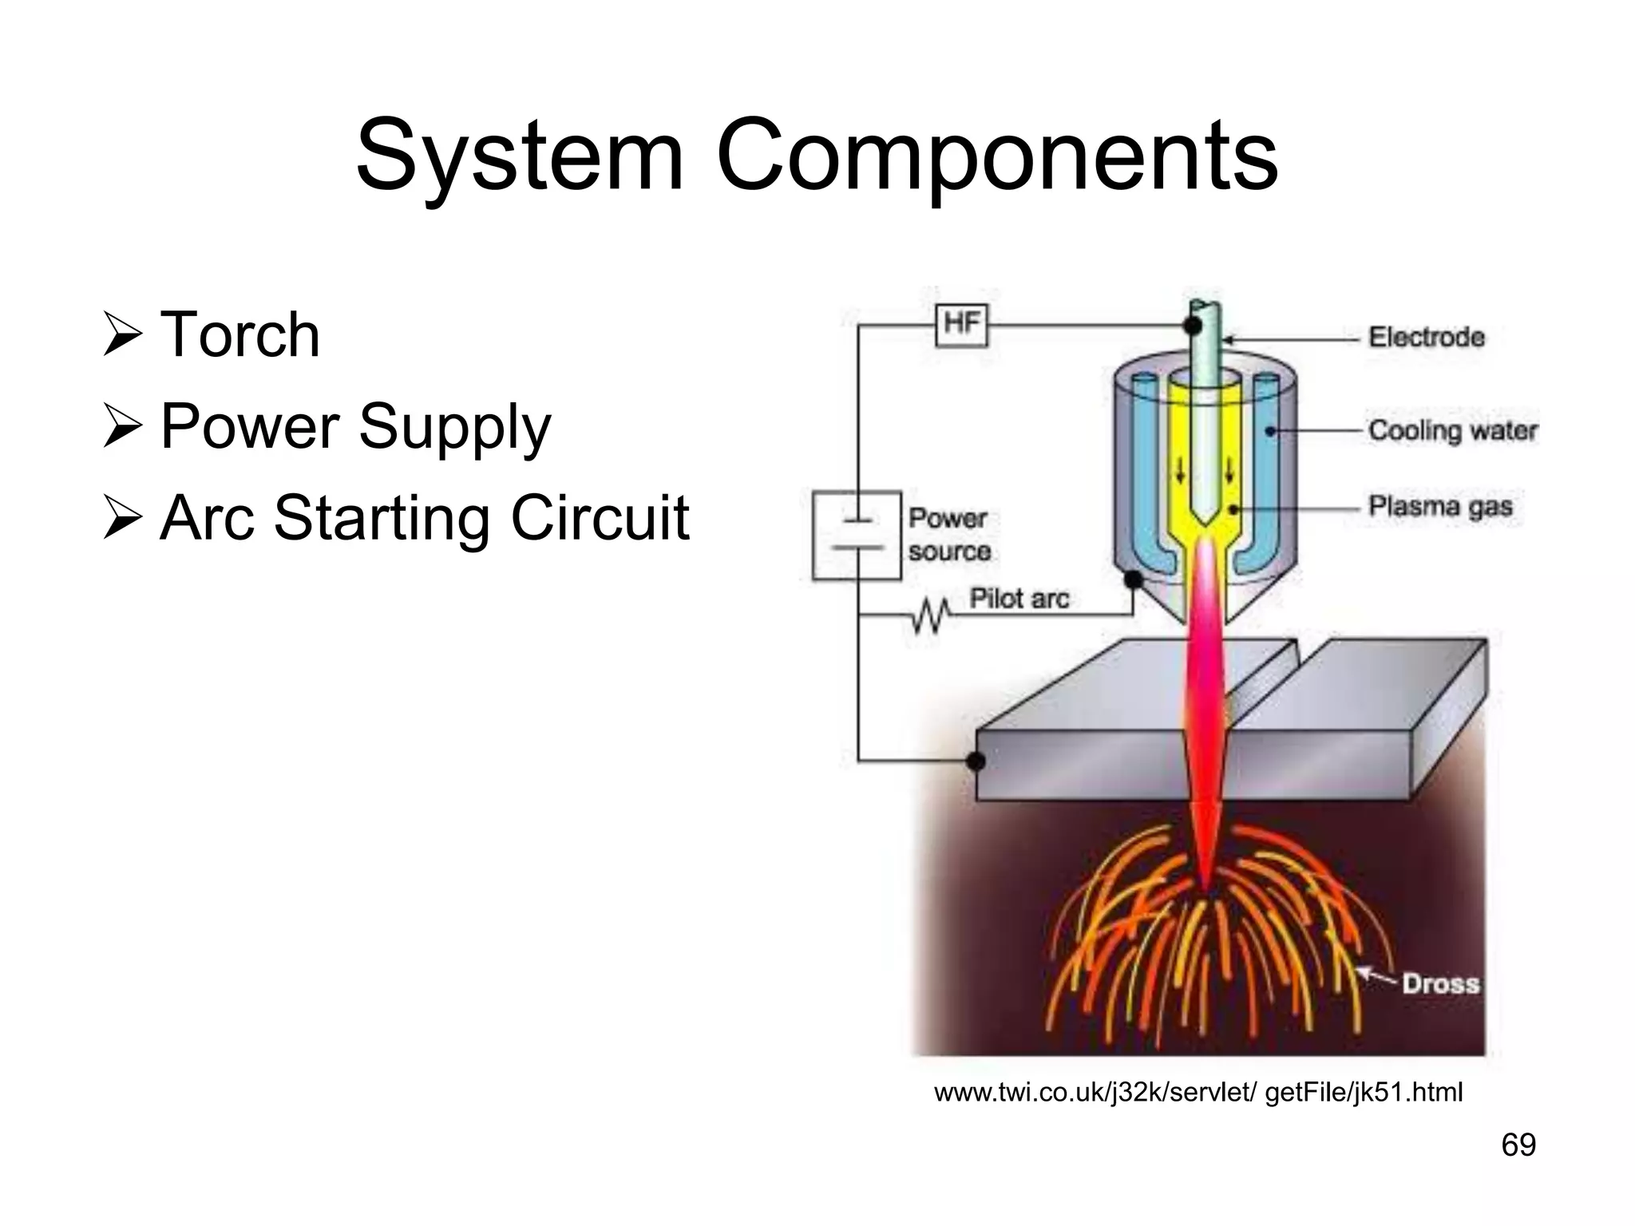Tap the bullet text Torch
[x=240, y=334]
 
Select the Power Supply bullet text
[x=355, y=427]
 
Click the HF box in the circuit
[x=961, y=325]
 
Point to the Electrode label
[x=1427, y=338]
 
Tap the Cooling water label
[x=1452, y=430]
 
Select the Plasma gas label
[x=1440, y=506]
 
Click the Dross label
[x=1440, y=983]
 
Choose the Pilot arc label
[x=1019, y=598]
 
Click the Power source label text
[x=949, y=534]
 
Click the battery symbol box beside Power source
[x=857, y=536]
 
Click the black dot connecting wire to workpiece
[x=976, y=761]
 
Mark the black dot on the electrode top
[x=1193, y=326]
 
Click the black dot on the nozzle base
[x=1134, y=579]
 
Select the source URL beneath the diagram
[x=1198, y=1092]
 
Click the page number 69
[x=1518, y=1145]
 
